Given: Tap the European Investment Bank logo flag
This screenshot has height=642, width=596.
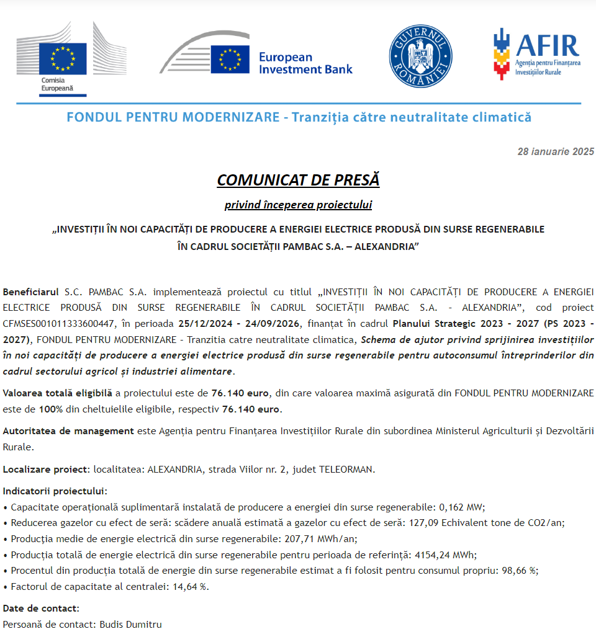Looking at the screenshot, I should point(230,59).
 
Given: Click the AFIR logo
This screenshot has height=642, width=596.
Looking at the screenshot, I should point(536,53).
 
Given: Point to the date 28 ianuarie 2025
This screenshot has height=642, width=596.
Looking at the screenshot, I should point(556,152).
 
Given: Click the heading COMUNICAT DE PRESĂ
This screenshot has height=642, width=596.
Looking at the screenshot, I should point(298,180).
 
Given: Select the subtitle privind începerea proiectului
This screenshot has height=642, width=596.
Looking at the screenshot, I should point(298,205).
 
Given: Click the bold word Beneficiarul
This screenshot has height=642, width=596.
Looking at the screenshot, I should point(31,292).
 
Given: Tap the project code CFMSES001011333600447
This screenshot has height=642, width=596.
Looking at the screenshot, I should point(59,323).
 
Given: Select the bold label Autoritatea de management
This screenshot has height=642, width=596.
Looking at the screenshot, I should point(68,430).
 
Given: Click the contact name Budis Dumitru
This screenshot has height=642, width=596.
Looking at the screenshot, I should point(130,624).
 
